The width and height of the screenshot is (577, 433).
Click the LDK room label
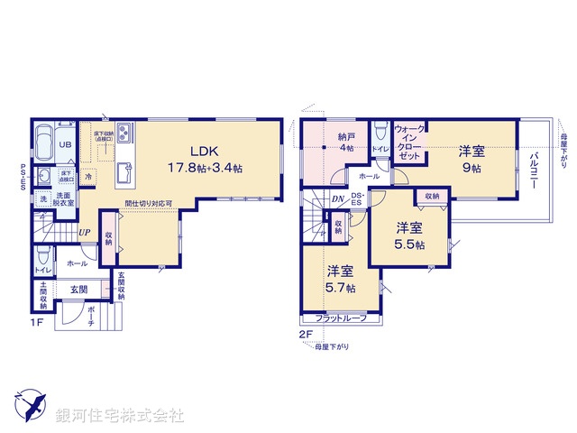pyautogui.click(x=202, y=152)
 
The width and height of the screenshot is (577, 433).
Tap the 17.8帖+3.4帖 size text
pyautogui.click(x=203, y=168)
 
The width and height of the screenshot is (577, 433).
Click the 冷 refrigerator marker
pyautogui.click(x=88, y=177)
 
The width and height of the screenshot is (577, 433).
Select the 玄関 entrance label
pyautogui.click(x=78, y=290)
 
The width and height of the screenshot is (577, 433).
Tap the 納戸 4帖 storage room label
pyautogui.click(x=346, y=143)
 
